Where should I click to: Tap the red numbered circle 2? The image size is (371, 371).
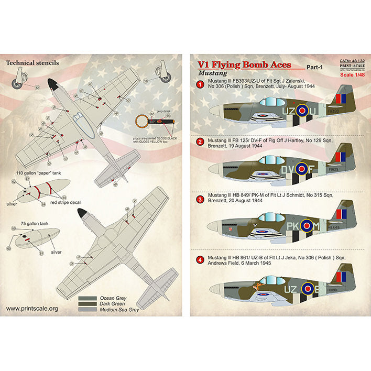click(200, 141)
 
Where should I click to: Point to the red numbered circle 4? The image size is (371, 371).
click(200, 259)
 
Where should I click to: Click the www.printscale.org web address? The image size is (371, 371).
click(32, 309)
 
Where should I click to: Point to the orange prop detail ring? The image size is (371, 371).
click(141, 121)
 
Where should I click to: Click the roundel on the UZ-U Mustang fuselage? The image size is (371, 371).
click(302, 111)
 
